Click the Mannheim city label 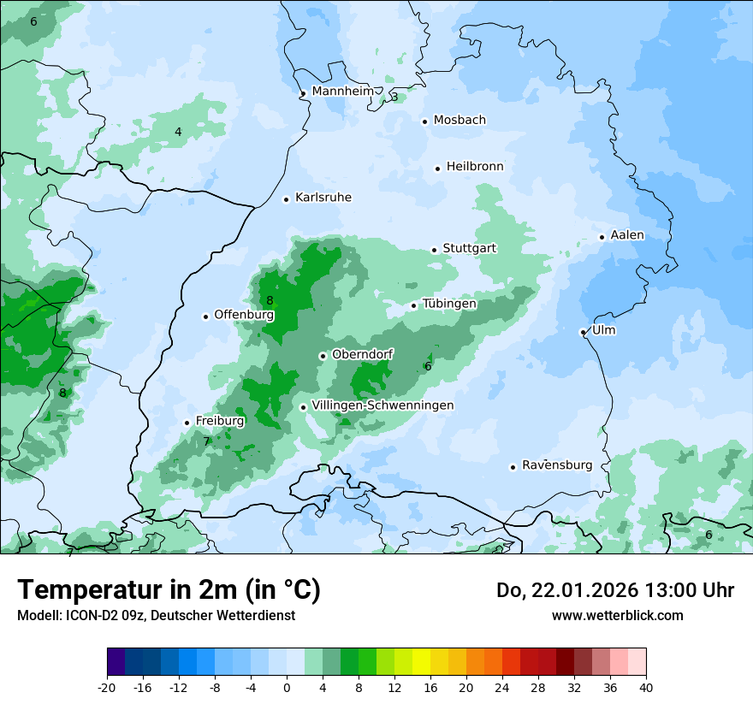(x=342, y=92)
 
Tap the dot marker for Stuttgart (x=434, y=250)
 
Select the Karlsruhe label (x=323, y=198)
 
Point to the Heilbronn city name (x=475, y=167)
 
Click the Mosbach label (x=460, y=121)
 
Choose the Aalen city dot (x=602, y=237)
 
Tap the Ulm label (x=603, y=330)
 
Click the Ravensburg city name (x=557, y=465)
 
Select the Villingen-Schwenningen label (x=382, y=405)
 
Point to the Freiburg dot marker (x=187, y=423)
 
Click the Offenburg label (x=244, y=315)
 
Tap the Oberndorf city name (x=362, y=354)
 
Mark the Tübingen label (x=449, y=304)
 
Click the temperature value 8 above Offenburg (x=270, y=300)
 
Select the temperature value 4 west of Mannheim (x=178, y=132)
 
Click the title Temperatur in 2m (x=169, y=589)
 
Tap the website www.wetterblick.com (x=617, y=615)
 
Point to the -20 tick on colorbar (x=107, y=687)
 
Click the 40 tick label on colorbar (x=646, y=687)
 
